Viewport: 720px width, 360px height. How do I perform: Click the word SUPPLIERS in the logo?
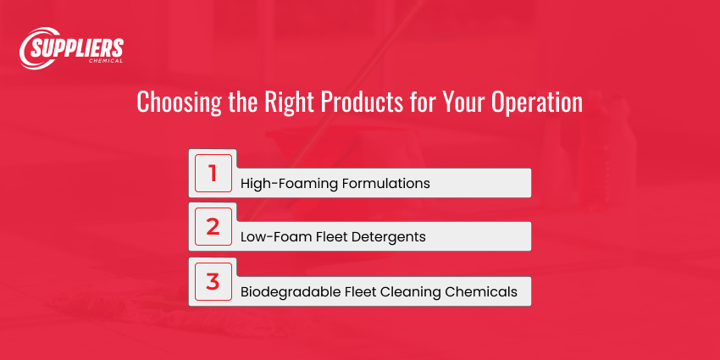(x=78, y=47)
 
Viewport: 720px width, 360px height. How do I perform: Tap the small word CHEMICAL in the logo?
(x=105, y=61)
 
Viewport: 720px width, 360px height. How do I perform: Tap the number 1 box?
(x=213, y=174)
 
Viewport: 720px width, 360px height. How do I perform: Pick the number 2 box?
(x=213, y=228)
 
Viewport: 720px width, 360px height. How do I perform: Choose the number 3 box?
(x=213, y=282)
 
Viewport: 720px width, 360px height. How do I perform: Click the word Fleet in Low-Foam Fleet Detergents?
(x=332, y=237)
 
